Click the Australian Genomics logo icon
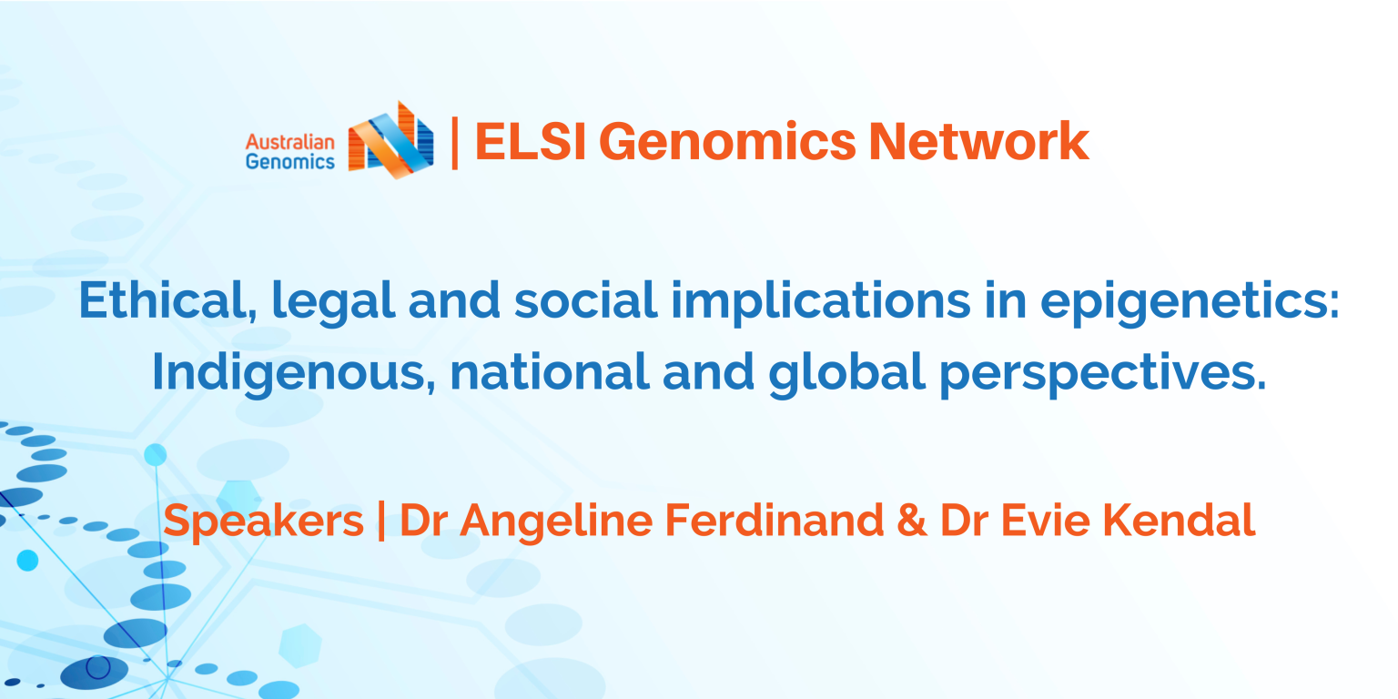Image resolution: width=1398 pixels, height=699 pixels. point(390,140)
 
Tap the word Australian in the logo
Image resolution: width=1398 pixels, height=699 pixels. point(290,142)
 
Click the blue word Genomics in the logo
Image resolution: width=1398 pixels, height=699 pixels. point(290,162)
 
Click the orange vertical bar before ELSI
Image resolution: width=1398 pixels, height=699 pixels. point(454,142)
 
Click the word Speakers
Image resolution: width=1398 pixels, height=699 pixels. point(263,522)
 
